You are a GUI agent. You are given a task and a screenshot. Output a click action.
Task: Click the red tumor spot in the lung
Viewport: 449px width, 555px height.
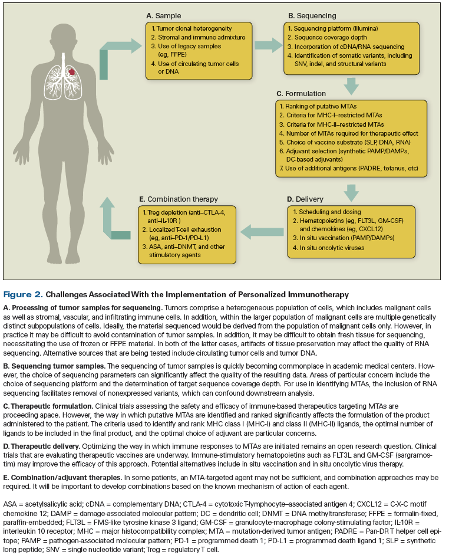click(x=71, y=71)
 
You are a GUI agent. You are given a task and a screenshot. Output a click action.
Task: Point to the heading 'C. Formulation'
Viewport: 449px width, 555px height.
click(x=303, y=93)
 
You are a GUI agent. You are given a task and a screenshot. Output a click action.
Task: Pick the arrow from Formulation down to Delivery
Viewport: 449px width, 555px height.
click(x=352, y=190)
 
